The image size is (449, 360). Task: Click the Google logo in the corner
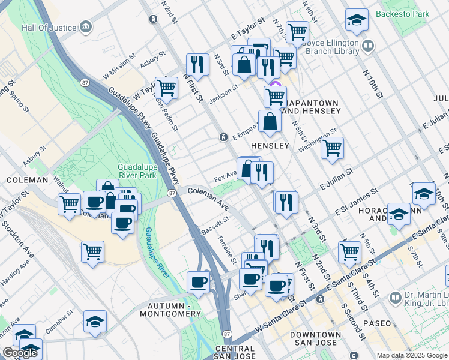(20, 353)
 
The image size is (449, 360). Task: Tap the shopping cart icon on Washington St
(332, 147)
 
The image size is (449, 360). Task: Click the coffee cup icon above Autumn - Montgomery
(198, 282)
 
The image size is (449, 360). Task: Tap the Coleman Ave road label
(208, 198)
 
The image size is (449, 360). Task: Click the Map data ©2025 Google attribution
(412, 355)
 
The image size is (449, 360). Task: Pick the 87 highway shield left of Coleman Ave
(172, 193)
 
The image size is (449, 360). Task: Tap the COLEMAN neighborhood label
(27, 180)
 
